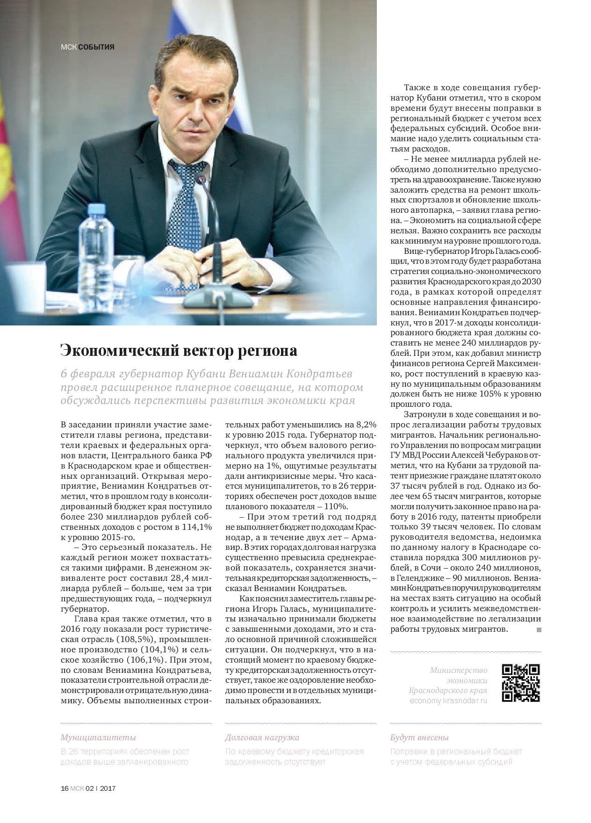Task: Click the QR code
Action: (x=521, y=683)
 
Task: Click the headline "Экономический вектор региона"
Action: (x=179, y=350)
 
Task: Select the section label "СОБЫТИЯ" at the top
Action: (x=96, y=47)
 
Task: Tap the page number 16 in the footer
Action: (x=65, y=788)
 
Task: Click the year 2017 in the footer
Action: (x=108, y=788)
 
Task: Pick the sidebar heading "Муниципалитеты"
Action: (x=98, y=737)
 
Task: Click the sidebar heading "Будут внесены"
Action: (x=419, y=737)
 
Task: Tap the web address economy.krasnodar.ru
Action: (x=448, y=701)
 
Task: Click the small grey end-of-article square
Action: (x=539, y=630)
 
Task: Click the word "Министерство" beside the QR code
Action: (x=458, y=670)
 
